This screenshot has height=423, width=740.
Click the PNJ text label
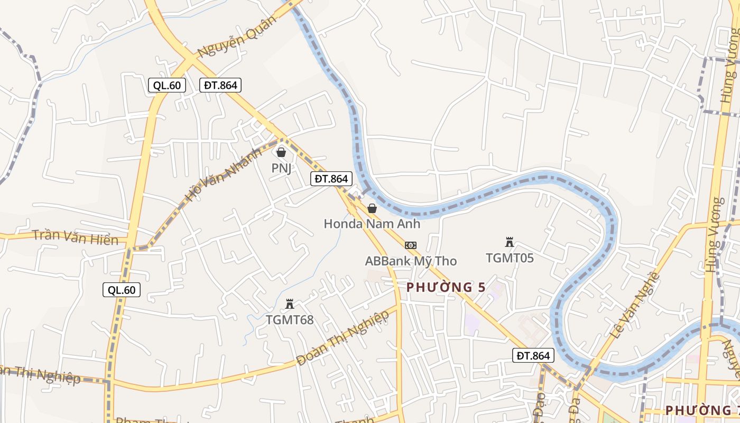(281, 168)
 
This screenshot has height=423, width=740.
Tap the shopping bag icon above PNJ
(281, 152)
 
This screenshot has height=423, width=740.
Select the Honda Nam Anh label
(372, 224)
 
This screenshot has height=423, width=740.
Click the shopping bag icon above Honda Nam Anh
(372, 208)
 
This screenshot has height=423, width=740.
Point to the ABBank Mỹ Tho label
(411, 261)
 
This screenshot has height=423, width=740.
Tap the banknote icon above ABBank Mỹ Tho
(411, 245)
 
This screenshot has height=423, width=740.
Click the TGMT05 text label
(510, 258)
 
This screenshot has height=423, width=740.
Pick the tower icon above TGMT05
(510, 243)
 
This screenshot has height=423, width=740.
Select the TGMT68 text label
(289, 319)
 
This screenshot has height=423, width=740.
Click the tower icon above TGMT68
(290, 304)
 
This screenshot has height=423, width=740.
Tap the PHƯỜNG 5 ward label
(446, 287)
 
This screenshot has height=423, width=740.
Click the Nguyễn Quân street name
(237, 37)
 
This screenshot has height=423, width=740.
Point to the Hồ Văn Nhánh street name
(223, 175)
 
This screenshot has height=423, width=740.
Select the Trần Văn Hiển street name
(75, 237)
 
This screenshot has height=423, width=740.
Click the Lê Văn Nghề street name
(635, 306)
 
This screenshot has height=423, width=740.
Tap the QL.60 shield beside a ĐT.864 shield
(167, 85)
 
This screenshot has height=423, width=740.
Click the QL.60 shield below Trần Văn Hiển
(122, 289)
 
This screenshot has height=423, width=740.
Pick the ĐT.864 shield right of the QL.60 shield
(220, 85)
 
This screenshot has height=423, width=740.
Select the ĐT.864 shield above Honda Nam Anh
(331, 179)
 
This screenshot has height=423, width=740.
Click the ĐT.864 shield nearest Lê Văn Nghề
(533, 356)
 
